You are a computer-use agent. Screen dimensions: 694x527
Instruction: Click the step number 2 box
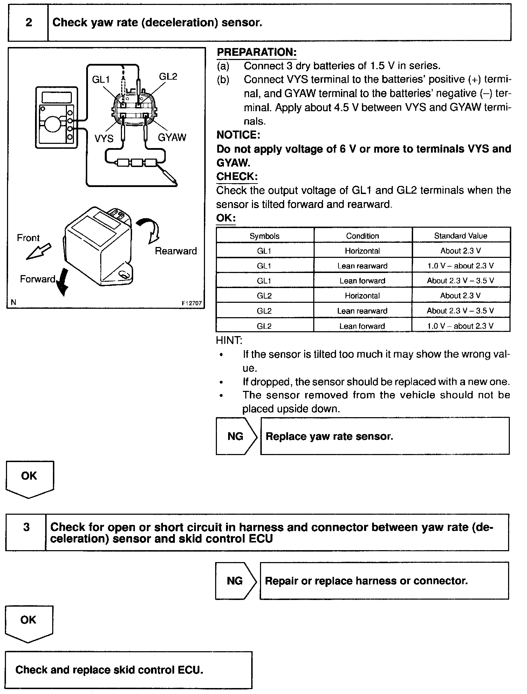(x=28, y=23)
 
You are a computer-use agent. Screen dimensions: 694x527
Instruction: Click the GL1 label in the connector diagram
(x=101, y=80)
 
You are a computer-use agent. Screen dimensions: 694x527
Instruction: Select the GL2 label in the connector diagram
(x=168, y=76)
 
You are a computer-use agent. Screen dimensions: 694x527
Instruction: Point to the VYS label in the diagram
(x=104, y=139)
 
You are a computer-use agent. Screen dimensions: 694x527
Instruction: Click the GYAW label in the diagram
(x=172, y=137)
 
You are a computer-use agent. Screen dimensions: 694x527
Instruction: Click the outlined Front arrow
(x=39, y=251)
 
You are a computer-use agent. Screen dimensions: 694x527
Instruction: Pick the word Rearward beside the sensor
(x=176, y=251)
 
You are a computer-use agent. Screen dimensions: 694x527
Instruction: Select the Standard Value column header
(x=460, y=236)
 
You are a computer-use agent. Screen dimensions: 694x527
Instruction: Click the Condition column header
(x=362, y=236)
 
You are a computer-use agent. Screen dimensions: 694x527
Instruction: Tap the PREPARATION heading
(x=256, y=52)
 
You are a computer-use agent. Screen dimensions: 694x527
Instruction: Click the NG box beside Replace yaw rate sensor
(x=236, y=436)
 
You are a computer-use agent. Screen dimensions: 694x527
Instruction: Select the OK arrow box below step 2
(x=29, y=479)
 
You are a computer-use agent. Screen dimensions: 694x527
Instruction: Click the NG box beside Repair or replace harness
(x=235, y=581)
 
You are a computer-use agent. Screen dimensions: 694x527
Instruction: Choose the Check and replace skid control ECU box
(x=128, y=670)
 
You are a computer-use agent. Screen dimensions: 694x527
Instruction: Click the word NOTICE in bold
(x=238, y=135)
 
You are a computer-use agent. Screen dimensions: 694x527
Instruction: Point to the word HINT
(x=229, y=340)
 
